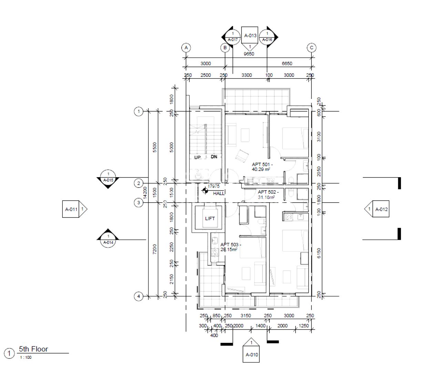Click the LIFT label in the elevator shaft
(x=210, y=218)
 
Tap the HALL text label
(x=218, y=194)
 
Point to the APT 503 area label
(x=230, y=247)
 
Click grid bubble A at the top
(x=186, y=48)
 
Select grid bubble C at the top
(x=312, y=48)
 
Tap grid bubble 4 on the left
(x=138, y=296)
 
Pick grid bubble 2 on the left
(x=138, y=183)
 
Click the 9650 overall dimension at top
(x=249, y=54)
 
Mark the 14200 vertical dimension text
(x=145, y=193)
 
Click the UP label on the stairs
(x=197, y=157)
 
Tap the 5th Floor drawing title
(x=33, y=349)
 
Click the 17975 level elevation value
(x=214, y=186)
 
